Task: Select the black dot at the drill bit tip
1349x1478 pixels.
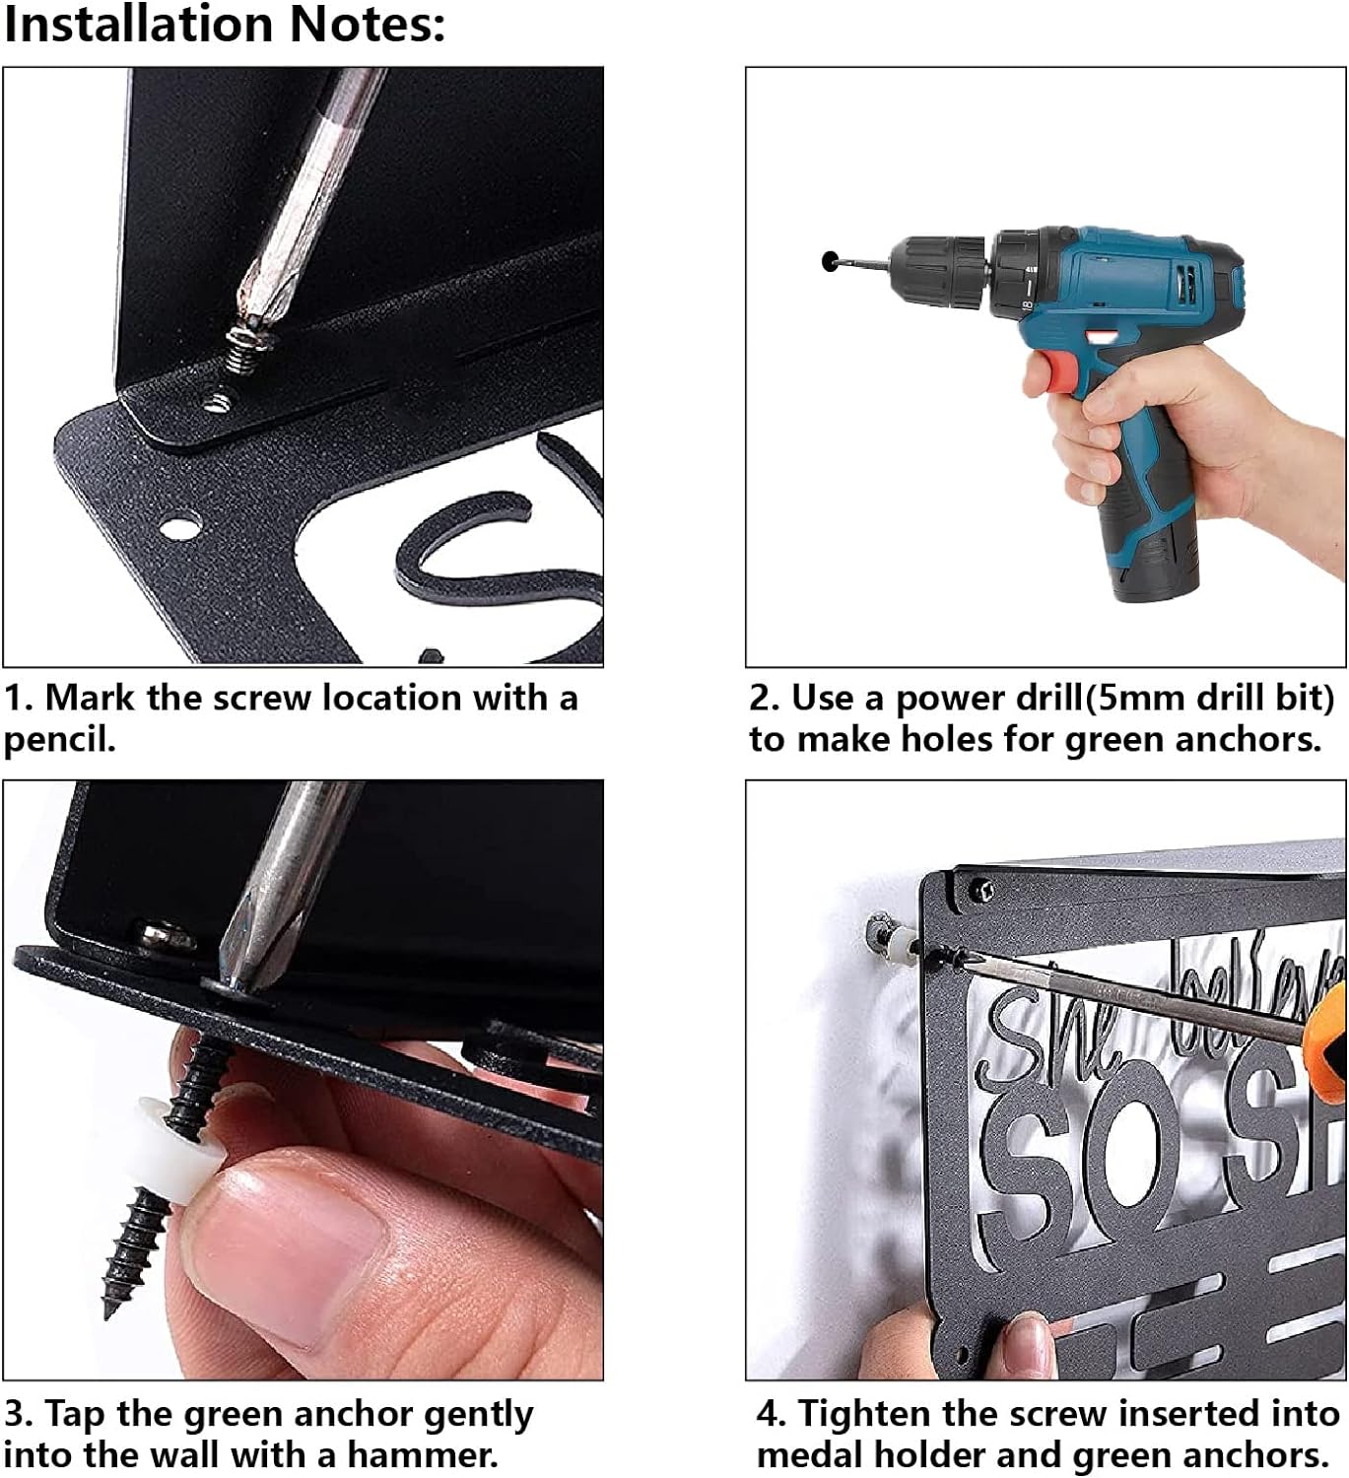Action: click(831, 260)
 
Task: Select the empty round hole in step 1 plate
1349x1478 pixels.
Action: click(179, 527)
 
